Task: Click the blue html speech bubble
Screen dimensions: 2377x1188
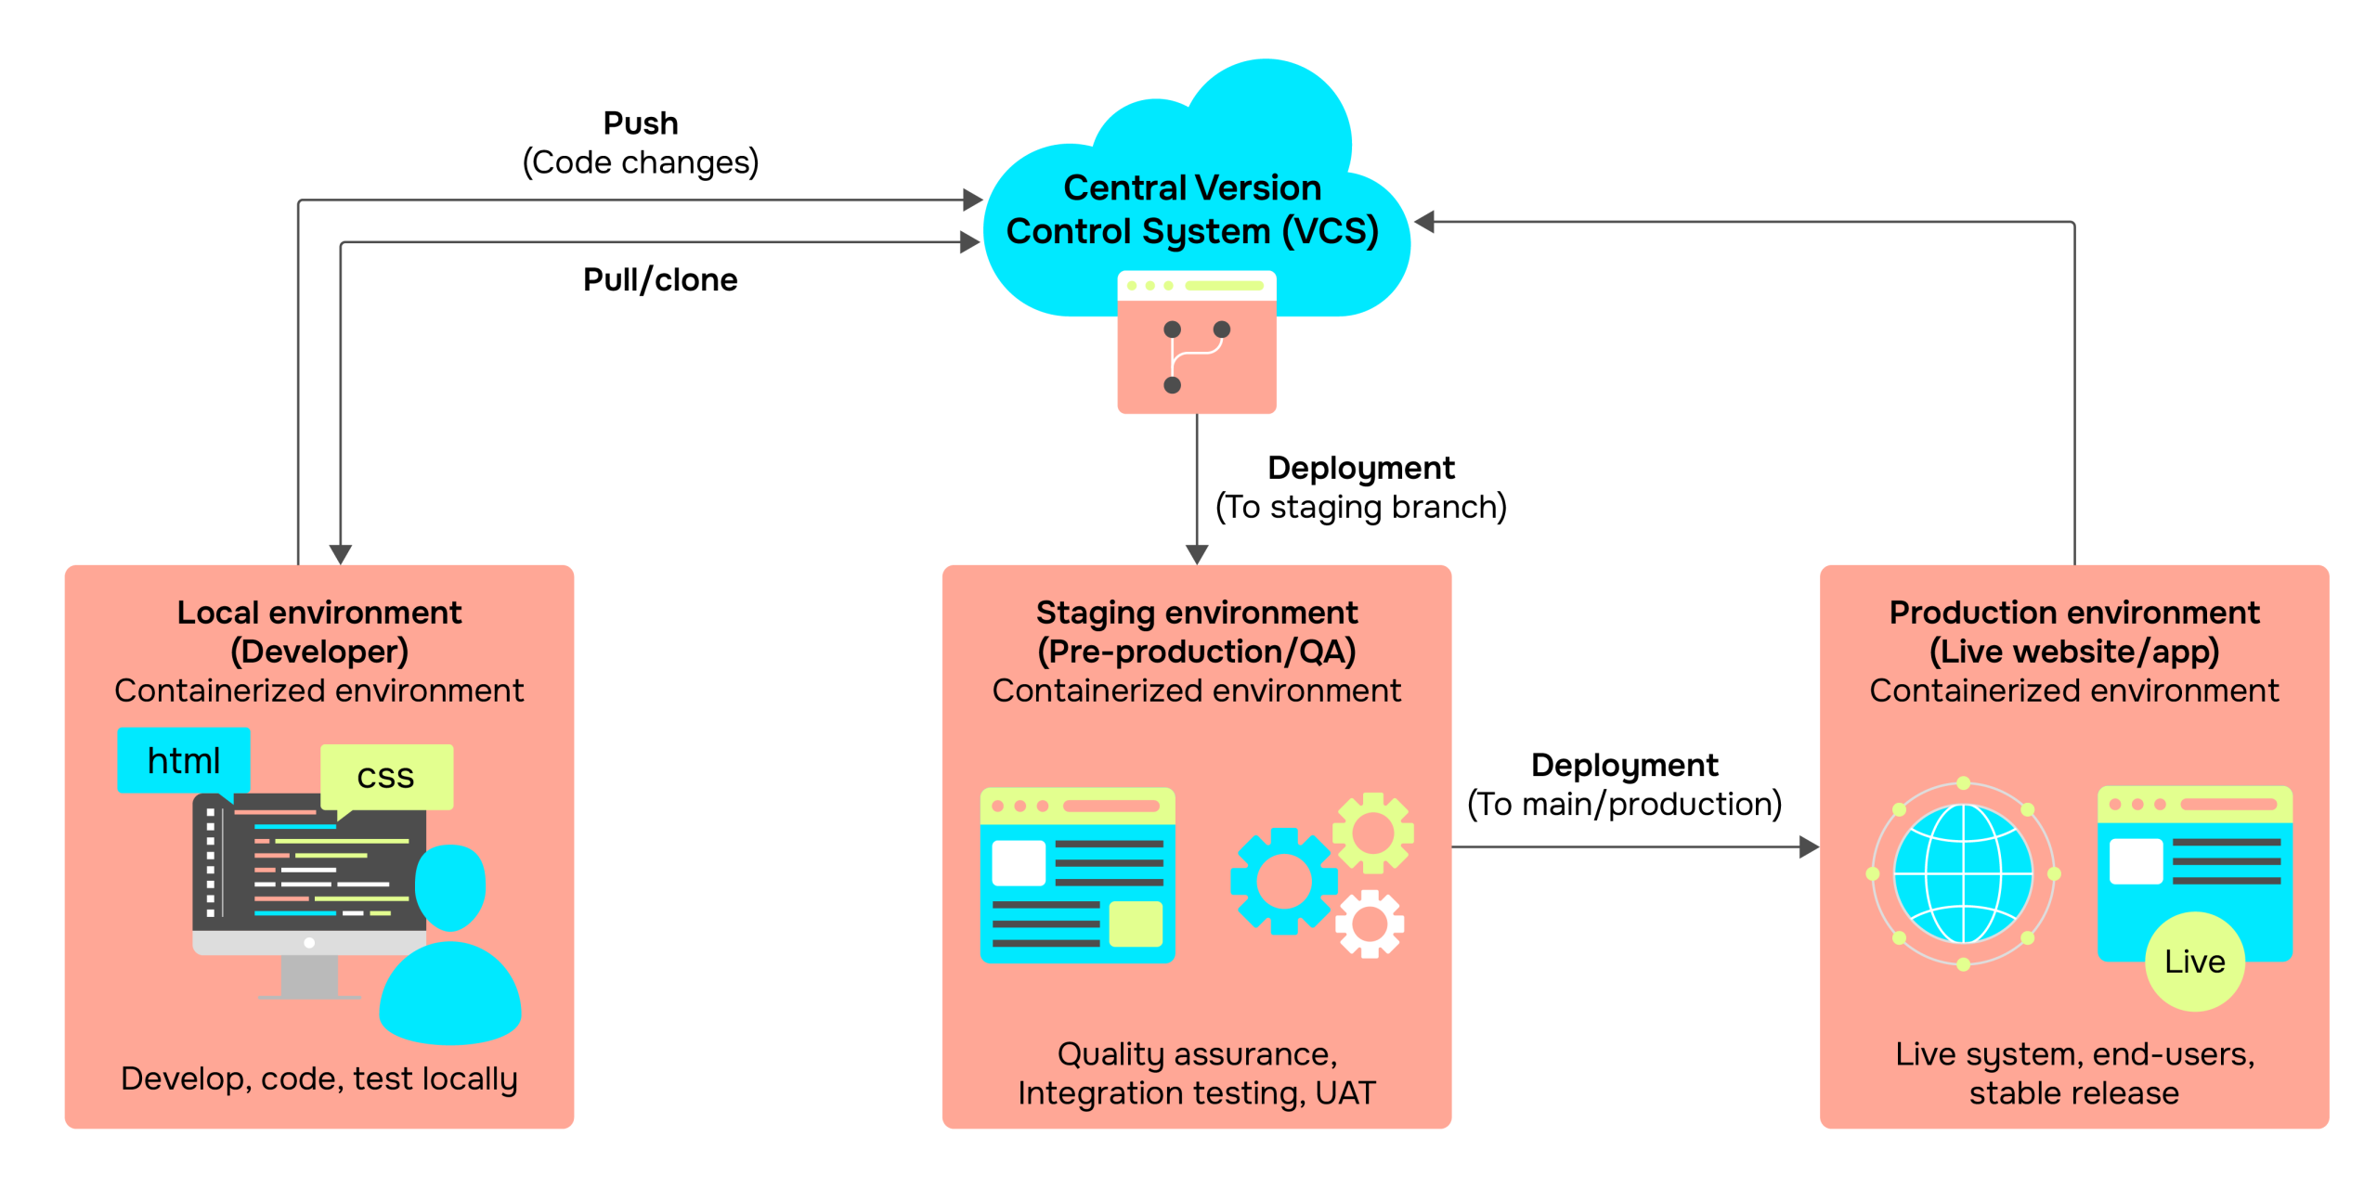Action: click(183, 761)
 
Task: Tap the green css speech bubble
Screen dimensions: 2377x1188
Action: click(386, 778)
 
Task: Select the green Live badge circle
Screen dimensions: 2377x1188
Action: click(2194, 962)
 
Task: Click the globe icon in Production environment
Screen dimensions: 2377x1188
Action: click(1963, 873)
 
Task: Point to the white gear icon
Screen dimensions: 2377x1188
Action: click(1370, 923)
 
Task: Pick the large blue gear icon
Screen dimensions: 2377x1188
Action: click(1284, 881)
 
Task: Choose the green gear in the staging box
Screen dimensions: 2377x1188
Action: click(1373, 833)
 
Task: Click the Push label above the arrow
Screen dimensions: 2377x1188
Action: click(641, 123)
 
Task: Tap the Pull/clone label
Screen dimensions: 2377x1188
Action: click(660, 279)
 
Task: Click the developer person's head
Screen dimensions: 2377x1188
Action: click(451, 886)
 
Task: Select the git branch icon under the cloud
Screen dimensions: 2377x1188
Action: click(1197, 357)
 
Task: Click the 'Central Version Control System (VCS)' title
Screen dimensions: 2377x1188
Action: click(1192, 210)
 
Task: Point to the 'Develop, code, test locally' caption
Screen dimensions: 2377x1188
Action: click(319, 1078)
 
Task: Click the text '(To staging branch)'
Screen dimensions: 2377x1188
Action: click(1361, 507)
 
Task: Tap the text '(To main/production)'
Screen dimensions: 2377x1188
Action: click(1625, 804)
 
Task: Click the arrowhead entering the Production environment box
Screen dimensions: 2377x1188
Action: click(1809, 846)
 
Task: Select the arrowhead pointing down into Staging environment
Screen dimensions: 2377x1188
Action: click(1197, 554)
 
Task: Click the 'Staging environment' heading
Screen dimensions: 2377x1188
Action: click(1197, 613)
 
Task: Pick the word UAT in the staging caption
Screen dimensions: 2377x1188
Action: click(1345, 1092)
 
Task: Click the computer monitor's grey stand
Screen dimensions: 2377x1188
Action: click(309, 977)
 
